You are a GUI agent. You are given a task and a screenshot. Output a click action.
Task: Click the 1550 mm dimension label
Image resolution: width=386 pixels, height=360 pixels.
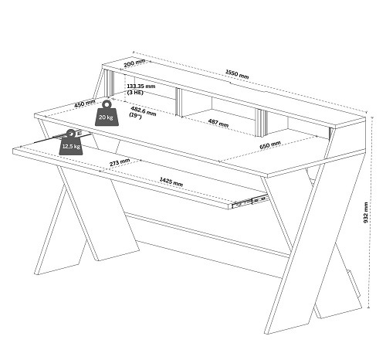[237, 74]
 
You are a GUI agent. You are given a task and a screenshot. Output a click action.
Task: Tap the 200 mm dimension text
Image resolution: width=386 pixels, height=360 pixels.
[134, 63]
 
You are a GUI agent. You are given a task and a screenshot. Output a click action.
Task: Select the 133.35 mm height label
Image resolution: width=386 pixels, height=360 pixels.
[141, 86]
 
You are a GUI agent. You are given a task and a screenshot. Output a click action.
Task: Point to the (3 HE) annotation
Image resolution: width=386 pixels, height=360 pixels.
[135, 92]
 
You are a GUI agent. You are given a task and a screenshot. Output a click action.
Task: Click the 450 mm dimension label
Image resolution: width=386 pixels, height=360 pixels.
[85, 104]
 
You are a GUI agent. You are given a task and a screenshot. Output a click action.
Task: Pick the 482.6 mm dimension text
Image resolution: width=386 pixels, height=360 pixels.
[144, 111]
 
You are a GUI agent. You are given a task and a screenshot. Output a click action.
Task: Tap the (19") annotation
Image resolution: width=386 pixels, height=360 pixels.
[135, 116]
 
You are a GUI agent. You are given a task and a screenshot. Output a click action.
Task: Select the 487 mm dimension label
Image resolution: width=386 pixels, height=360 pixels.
[218, 123]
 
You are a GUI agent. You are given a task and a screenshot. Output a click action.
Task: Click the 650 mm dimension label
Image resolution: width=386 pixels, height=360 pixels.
[270, 145]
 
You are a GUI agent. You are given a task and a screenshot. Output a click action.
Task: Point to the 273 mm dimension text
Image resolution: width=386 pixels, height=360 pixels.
[120, 162]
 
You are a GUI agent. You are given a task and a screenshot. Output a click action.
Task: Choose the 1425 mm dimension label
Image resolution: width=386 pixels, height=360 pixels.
[171, 182]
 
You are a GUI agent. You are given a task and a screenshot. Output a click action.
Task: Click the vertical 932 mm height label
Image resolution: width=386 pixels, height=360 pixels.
[366, 212]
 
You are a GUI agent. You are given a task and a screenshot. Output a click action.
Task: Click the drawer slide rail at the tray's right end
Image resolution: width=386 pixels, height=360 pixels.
[249, 201]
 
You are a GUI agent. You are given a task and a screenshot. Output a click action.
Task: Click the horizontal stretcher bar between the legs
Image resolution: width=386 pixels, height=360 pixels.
[206, 235]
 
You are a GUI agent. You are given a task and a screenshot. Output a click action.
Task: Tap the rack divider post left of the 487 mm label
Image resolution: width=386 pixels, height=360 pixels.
[178, 102]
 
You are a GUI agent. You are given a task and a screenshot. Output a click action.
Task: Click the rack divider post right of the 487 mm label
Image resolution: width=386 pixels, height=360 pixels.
[261, 123]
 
